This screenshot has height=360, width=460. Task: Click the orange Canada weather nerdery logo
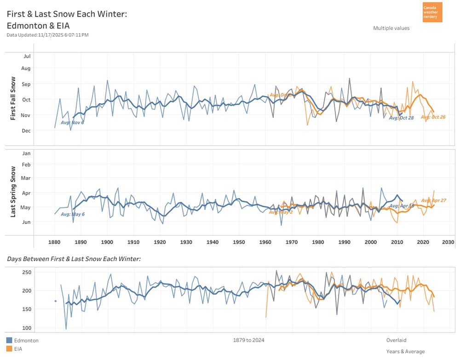pyautogui.click(x=432, y=12)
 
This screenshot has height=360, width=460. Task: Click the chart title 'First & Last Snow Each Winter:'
pyautogui.click(x=67, y=14)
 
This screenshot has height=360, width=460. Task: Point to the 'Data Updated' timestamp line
pyautogui.click(x=47, y=35)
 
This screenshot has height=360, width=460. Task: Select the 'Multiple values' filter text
pyautogui.click(x=391, y=28)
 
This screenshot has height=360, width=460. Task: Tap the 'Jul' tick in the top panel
pyautogui.click(x=27, y=56)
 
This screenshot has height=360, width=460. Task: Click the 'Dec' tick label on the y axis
pyautogui.click(x=26, y=131)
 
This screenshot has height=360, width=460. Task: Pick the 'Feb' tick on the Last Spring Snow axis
pyautogui.click(x=26, y=165)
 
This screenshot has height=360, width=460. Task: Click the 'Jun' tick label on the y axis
pyautogui.click(x=26, y=222)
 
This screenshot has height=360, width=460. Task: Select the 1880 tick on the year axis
pyautogui.click(x=54, y=242)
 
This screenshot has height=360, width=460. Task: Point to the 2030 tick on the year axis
pyautogui.click(x=448, y=242)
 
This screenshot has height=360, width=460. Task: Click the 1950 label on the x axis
pyautogui.click(x=239, y=242)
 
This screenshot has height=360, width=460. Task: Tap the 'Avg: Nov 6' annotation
pyautogui.click(x=72, y=122)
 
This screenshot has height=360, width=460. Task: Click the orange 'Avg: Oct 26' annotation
pyautogui.click(x=433, y=117)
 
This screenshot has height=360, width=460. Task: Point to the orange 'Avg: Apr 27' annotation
pyautogui.click(x=433, y=201)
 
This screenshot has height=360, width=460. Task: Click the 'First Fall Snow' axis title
pyautogui.click(x=13, y=99)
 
